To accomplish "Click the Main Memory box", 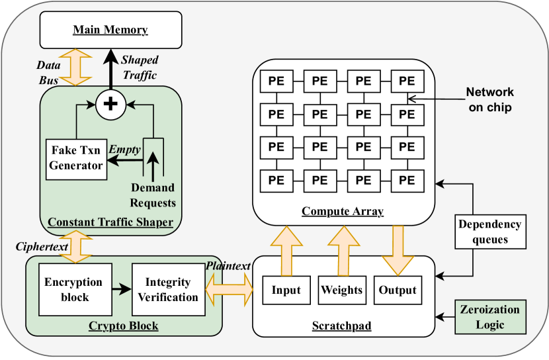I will [110, 30].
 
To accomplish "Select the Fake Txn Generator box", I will [77, 159].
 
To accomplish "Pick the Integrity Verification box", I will [168, 289].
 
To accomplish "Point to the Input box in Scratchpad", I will [286, 290].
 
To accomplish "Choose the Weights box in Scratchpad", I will [341, 290].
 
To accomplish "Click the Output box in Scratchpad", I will [398, 290].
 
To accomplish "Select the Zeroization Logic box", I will [489, 316].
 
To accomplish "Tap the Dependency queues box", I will [489, 231].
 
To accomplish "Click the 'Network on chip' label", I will [489, 100].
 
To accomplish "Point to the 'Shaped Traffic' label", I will [139, 67].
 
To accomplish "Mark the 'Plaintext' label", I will [228, 265].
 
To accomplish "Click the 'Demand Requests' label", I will [153, 195].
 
